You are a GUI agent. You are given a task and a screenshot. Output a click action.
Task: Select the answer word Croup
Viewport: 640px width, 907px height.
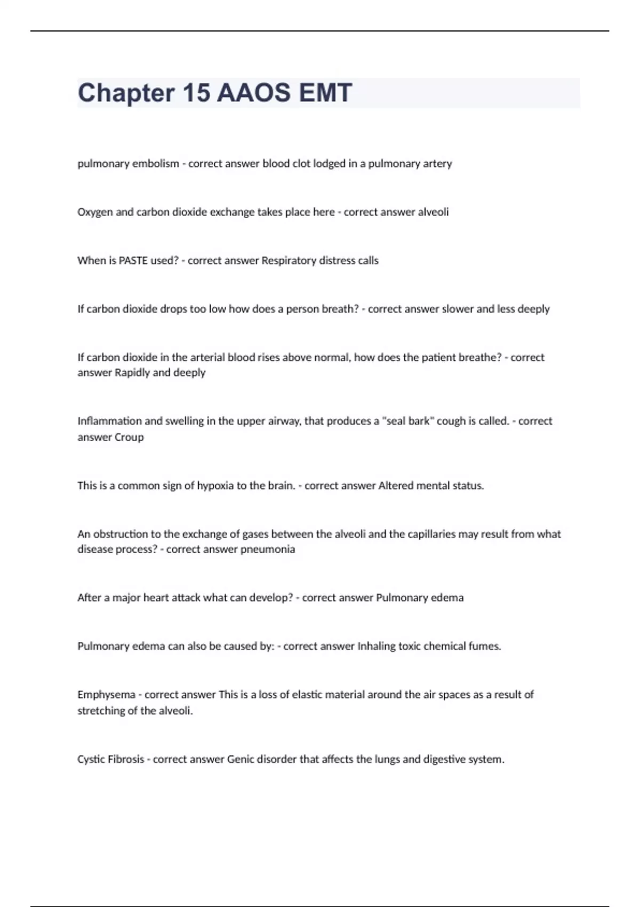(129, 437)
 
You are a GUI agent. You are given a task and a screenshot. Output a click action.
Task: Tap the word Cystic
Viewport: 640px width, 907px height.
(91, 759)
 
